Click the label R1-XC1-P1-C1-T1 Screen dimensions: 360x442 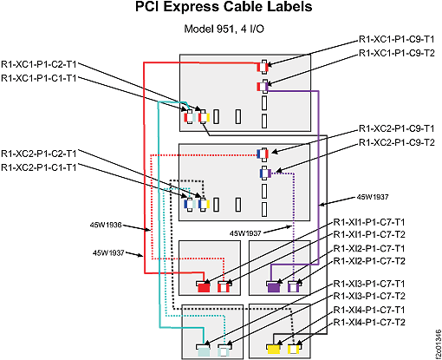(x=43, y=79)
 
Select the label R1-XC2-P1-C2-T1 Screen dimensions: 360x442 (x=43, y=153)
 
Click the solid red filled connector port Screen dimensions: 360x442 (x=204, y=286)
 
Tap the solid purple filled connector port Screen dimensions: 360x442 (x=273, y=286)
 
